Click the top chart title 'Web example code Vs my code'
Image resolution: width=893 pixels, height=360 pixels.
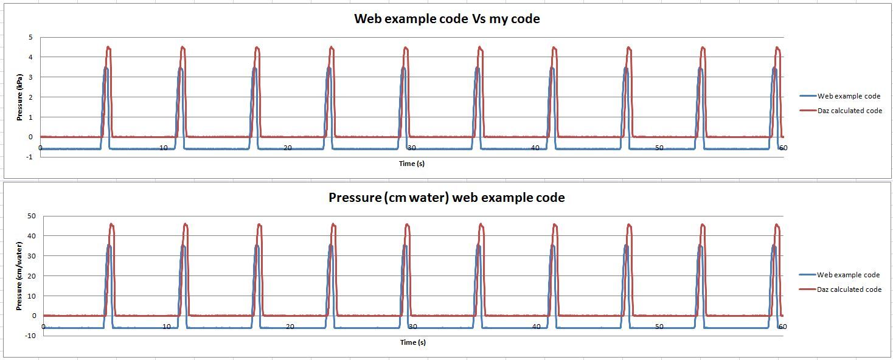[446, 19]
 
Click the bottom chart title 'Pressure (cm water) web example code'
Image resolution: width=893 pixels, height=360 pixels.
[446, 198]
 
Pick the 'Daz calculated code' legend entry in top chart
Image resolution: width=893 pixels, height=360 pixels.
[849, 111]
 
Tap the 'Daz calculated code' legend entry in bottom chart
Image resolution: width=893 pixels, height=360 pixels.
[849, 289]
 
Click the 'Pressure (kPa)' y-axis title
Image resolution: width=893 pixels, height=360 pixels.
[19, 97]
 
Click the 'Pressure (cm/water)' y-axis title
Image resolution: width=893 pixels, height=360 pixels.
[19, 275]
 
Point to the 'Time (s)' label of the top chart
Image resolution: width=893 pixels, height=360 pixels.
[412, 164]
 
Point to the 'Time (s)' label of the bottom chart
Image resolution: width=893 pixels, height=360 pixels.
[412, 342]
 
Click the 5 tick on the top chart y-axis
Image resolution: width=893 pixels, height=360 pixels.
[30, 37]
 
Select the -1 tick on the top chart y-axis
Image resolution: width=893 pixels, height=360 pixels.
[29, 157]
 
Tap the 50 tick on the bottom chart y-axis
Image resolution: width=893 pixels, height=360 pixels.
[32, 216]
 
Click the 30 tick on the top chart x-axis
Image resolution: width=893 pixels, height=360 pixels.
[412, 148]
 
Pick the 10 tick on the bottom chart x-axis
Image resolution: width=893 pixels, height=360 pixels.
[167, 327]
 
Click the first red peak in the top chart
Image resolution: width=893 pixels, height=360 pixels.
[109, 47]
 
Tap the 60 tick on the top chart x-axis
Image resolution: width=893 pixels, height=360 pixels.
[783, 148]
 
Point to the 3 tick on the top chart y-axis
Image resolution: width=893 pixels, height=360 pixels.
[30, 77]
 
